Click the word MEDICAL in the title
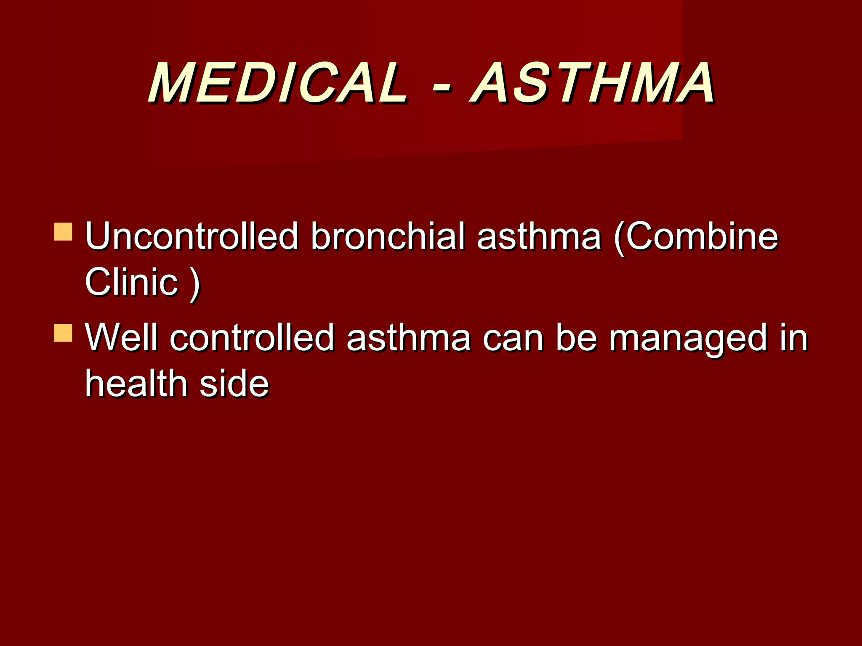click(x=278, y=83)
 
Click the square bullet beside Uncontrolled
click(x=63, y=232)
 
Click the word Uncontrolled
click(x=192, y=236)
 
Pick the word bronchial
click(x=388, y=236)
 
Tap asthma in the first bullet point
click(x=539, y=236)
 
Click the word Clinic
click(x=131, y=282)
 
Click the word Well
click(x=122, y=337)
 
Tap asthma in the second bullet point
click(x=408, y=337)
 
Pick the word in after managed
click(x=794, y=337)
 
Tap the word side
click(x=234, y=384)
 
